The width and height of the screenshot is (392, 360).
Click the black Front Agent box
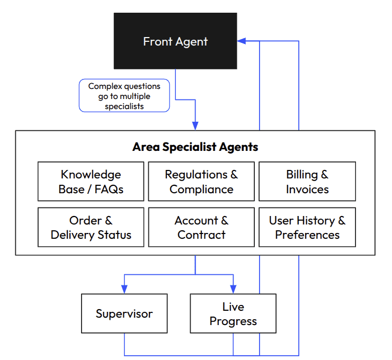click(175, 41)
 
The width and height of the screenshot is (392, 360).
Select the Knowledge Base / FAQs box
click(91, 182)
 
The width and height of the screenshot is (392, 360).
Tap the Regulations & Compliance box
click(201, 182)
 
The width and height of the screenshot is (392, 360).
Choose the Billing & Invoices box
click(307, 182)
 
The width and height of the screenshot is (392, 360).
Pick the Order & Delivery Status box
click(91, 227)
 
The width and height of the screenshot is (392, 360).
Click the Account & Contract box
click(201, 227)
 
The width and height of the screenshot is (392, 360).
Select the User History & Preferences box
click(307, 227)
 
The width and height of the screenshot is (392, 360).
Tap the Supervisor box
click(124, 313)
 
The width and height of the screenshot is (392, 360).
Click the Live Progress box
click(233, 313)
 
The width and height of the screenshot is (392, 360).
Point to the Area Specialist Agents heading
click(195, 147)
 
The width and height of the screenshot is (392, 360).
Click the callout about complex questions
click(124, 96)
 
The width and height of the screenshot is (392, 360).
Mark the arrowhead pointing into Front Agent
click(242, 41)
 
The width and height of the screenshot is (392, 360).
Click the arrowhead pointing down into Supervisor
click(124, 289)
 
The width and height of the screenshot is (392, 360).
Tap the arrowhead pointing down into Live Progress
click(233, 289)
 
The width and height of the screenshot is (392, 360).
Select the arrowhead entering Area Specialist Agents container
click(195, 125)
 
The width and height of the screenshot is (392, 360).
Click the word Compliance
click(201, 189)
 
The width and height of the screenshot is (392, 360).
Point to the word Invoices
click(307, 189)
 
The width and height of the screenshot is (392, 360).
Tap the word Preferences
click(307, 235)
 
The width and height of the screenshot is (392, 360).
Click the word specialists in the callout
click(124, 106)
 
